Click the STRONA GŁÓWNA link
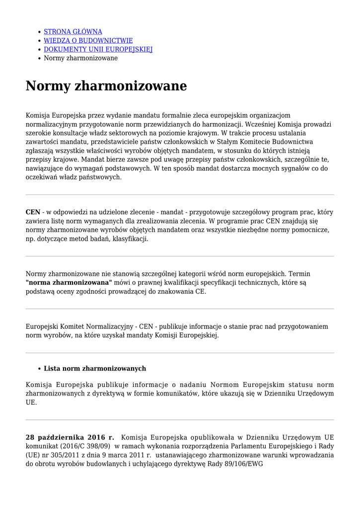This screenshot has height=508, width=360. click(x=73, y=32)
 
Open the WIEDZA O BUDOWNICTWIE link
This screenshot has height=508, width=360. click(x=88, y=41)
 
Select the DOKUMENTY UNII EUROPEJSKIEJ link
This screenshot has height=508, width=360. click(x=98, y=50)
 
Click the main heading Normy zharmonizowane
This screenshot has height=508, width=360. click(x=106, y=86)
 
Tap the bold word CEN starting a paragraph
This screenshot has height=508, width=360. click(x=33, y=212)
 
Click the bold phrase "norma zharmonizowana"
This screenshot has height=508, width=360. click(x=69, y=283)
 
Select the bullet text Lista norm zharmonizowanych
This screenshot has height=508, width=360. click(x=95, y=369)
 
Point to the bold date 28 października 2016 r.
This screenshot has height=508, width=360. click(x=70, y=438)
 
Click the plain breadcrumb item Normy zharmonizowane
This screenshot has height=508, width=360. click(x=80, y=59)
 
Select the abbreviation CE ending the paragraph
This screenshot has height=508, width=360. click(x=200, y=292)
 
